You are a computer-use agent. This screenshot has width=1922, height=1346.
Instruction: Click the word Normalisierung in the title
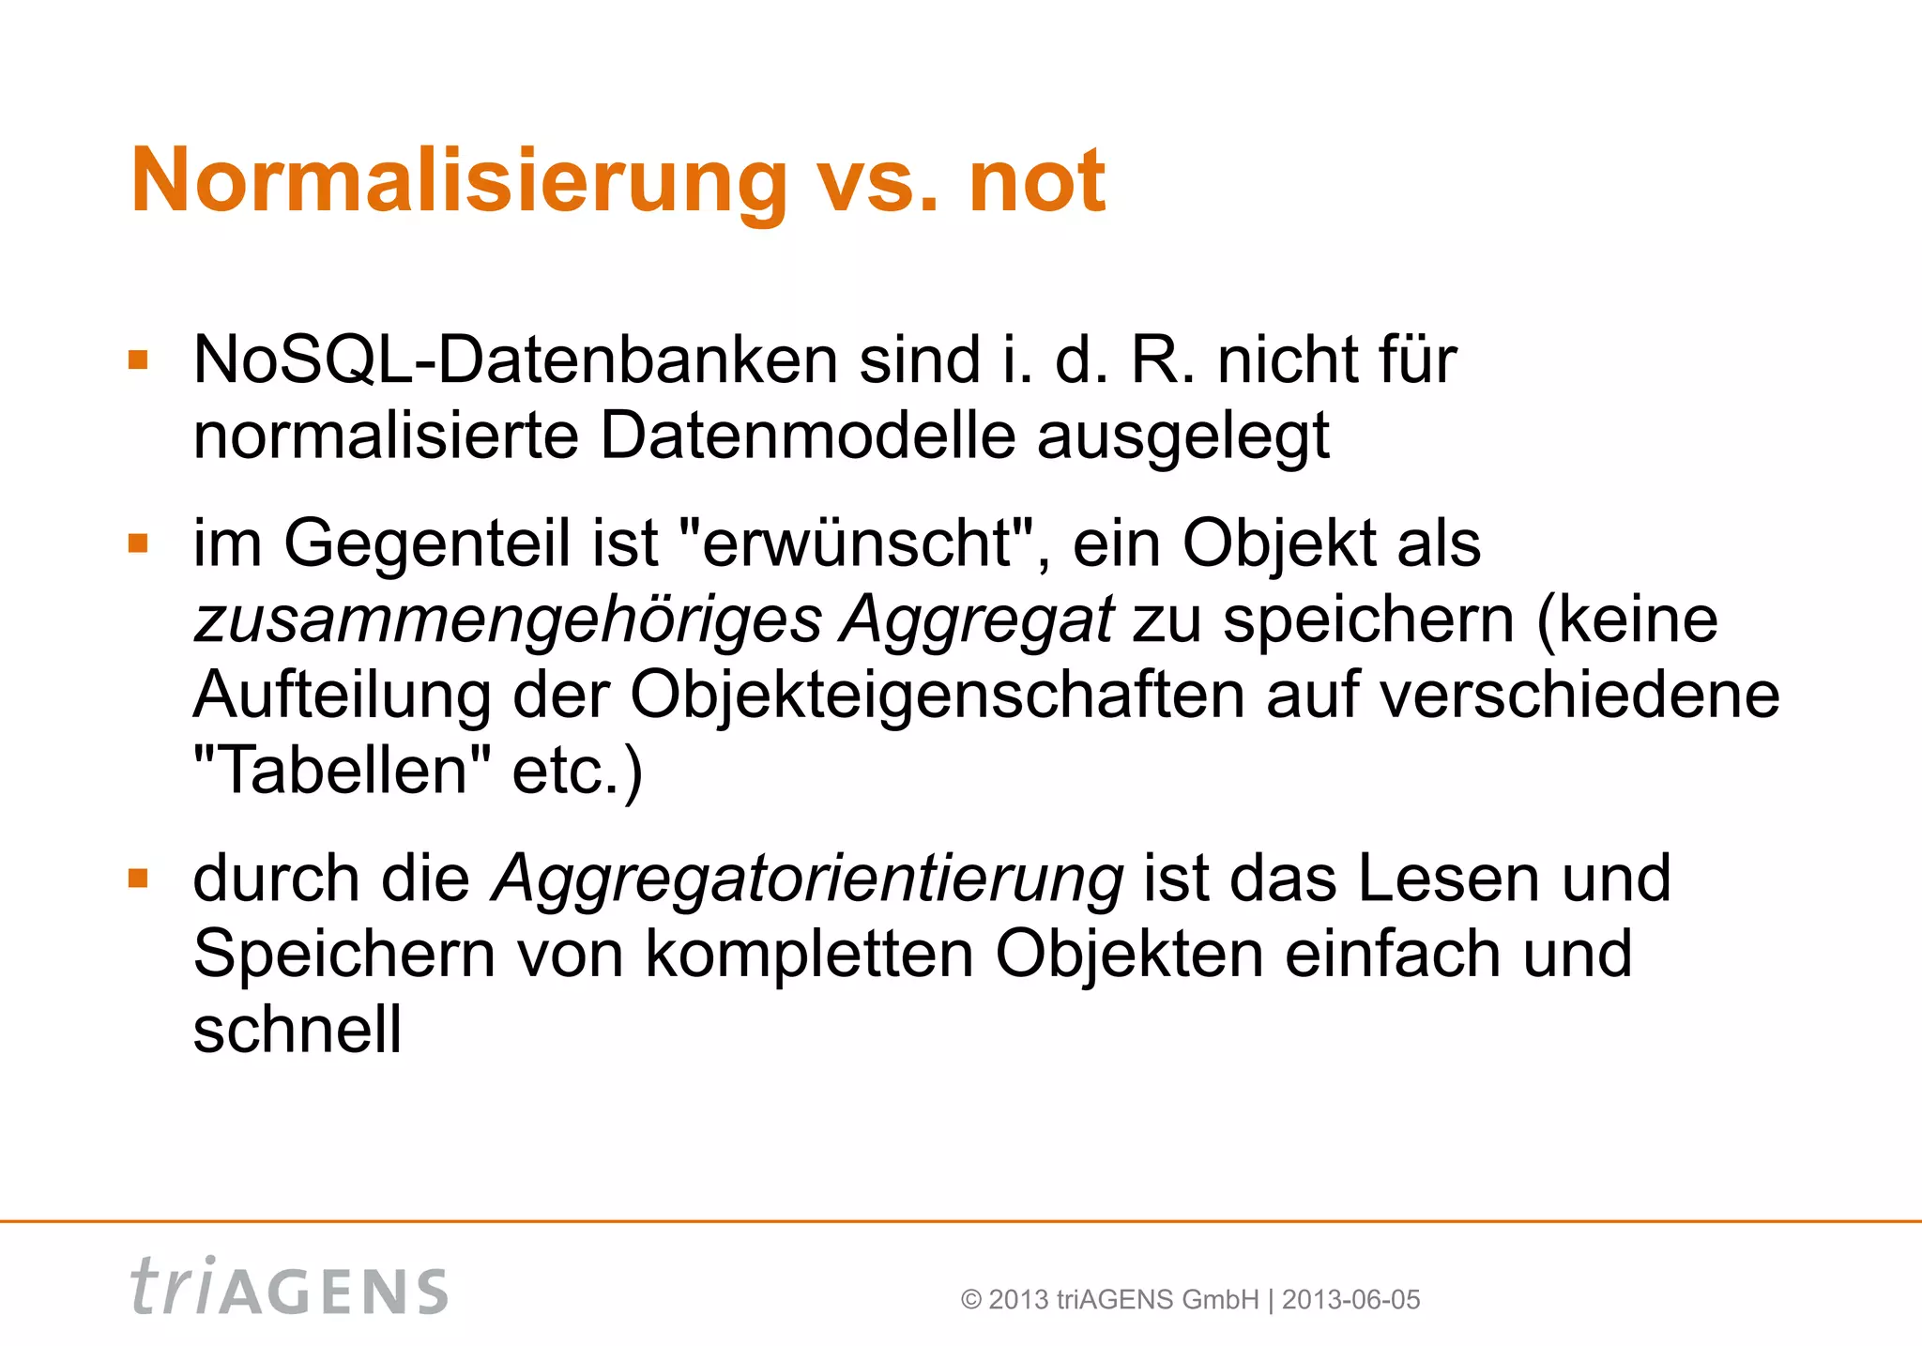(459, 181)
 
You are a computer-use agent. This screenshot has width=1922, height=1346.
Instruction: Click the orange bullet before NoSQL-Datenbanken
(139, 360)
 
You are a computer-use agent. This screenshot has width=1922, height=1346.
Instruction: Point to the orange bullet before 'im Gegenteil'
(139, 544)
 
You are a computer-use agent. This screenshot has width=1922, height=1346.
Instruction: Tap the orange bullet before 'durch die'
(139, 879)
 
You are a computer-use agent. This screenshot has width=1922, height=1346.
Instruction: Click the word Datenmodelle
(807, 436)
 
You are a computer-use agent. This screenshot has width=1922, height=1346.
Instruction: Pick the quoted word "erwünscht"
(862, 543)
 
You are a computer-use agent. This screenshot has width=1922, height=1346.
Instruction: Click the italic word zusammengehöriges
(507, 620)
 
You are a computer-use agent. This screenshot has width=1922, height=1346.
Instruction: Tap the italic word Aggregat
(977, 620)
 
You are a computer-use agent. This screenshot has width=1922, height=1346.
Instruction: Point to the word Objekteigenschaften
(937, 696)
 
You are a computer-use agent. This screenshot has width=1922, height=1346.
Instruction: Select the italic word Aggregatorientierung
(807, 879)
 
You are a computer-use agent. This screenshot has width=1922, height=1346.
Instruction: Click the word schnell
(297, 1030)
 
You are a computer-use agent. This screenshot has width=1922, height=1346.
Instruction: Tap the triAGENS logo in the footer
(290, 1287)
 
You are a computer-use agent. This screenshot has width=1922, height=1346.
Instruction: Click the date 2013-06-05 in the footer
(1350, 1300)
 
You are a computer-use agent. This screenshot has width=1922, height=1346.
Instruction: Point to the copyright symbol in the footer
(971, 1300)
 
